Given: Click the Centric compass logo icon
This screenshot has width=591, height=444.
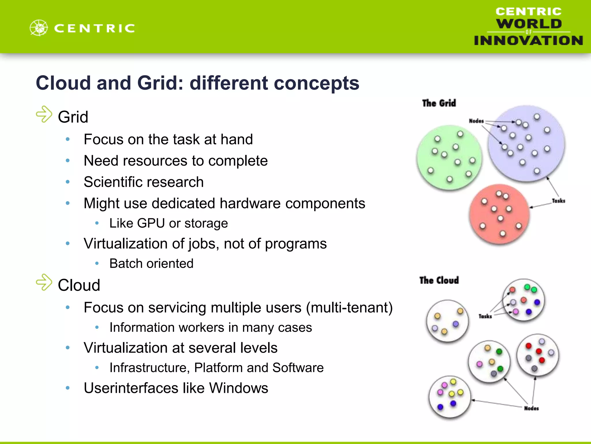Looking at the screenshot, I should (39, 28).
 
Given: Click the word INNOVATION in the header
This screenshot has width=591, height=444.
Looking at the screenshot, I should (528, 41).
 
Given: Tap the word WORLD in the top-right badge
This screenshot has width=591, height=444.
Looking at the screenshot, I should (529, 24).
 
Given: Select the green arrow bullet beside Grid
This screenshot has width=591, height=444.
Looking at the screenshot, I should (44, 114).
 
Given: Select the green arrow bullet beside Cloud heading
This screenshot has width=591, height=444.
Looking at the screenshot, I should (44, 282).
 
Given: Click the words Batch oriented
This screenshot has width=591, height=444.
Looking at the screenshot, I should (151, 264).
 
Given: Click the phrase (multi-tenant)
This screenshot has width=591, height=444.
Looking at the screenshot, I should (349, 308).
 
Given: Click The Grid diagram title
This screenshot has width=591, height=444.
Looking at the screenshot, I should (439, 103).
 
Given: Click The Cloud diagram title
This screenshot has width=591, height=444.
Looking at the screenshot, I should (439, 280).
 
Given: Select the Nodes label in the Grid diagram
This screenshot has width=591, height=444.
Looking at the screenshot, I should (476, 121).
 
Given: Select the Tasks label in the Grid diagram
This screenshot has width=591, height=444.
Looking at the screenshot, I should (558, 201).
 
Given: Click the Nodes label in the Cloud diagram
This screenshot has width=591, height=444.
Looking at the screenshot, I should (531, 408).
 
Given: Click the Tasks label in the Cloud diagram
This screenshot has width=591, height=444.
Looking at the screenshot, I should (485, 317).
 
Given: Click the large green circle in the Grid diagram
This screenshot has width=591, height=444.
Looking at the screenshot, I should (449, 158).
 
